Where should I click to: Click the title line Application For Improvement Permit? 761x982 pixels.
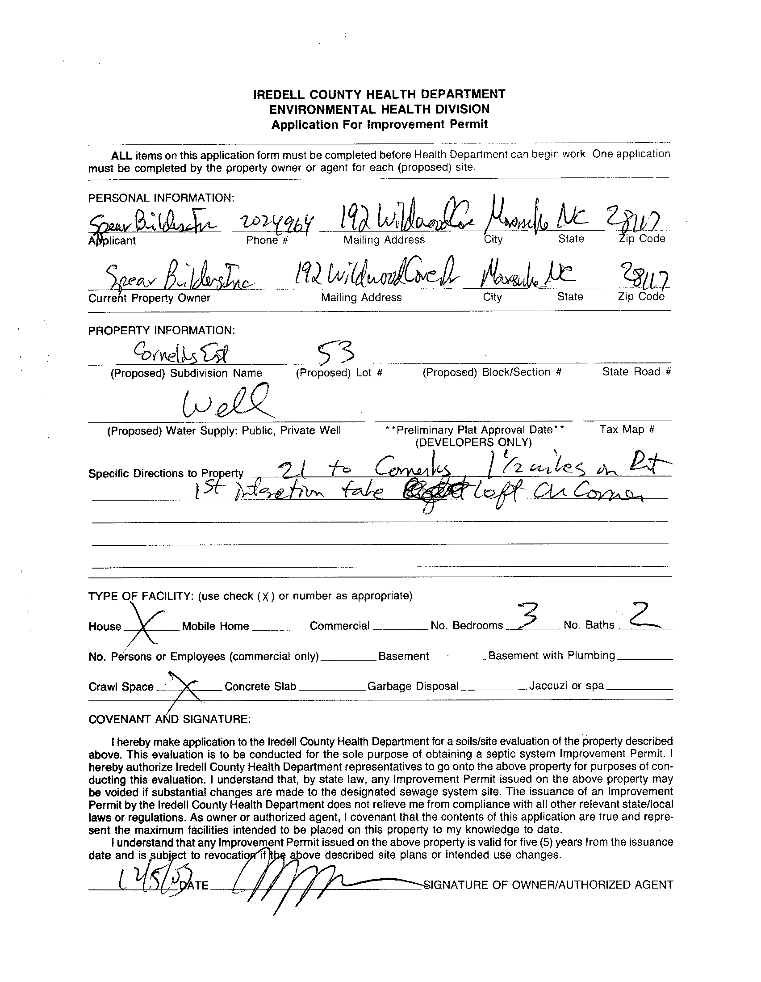pyautogui.click(x=379, y=125)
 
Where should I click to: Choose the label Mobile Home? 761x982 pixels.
pyautogui.click(x=215, y=626)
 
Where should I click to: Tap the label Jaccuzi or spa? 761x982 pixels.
pyautogui.click(x=566, y=686)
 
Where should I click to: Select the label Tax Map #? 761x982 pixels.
pyautogui.click(x=627, y=430)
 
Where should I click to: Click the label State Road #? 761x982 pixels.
pyautogui.click(x=636, y=372)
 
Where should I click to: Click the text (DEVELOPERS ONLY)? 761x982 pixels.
pyautogui.click(x=473, y=443)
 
